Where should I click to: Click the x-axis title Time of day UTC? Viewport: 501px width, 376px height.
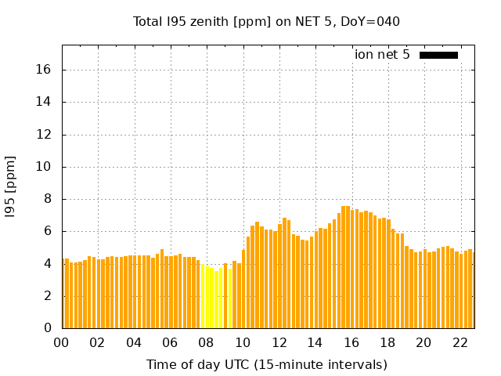pos(266,364)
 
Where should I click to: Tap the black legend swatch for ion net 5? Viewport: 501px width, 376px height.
pos(438,55)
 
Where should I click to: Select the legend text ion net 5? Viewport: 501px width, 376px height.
pos(382,55)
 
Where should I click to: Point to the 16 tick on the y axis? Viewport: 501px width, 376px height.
pos(44,70)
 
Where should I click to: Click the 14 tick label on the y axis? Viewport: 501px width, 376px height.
pos(44,102)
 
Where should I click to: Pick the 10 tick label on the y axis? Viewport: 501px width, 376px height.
pos(44,167)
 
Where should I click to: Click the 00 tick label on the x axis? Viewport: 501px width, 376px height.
pos(62,343)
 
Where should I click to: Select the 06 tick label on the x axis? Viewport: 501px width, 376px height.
pos(170,343)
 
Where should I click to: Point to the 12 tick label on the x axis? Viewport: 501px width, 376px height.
pos(279,343)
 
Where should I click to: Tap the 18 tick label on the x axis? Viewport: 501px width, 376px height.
pos(387,343)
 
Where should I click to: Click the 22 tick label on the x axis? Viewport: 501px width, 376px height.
pos(460,343)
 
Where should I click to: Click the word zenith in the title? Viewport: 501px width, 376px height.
pos(207,22)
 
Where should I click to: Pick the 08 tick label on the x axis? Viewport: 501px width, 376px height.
pos(207,343)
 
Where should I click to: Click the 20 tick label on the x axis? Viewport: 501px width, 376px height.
pos(424,343)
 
